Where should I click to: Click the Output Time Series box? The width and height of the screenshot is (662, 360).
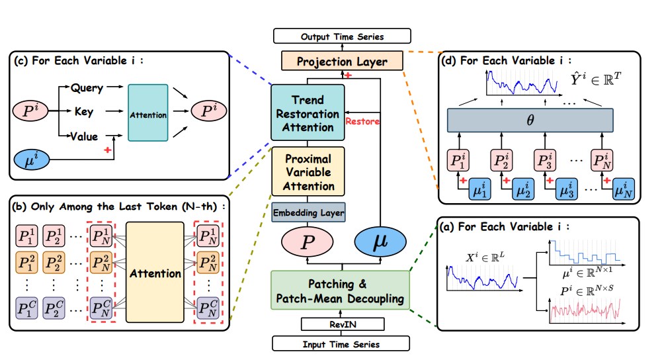pos(342,36)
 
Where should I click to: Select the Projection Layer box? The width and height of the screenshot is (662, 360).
pos(342,62)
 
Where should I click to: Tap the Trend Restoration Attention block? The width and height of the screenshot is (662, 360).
pos(308,113)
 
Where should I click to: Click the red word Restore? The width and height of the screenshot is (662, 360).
pos(363,122)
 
